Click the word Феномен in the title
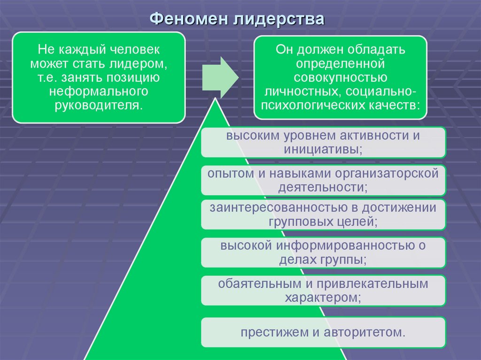(189, 19)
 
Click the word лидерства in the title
(279, 19)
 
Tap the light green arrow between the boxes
(220, 77)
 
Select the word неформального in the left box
(99, 91)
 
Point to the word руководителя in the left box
(99, 105)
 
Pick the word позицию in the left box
(133, 77)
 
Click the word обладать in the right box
(376, 49)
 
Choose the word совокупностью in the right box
(341, 77)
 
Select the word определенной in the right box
(341, 63)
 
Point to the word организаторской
(387, 174)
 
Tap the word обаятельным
(259, 283)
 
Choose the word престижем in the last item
(274, 332)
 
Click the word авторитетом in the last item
(365, 332)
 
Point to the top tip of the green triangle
(215, 98)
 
